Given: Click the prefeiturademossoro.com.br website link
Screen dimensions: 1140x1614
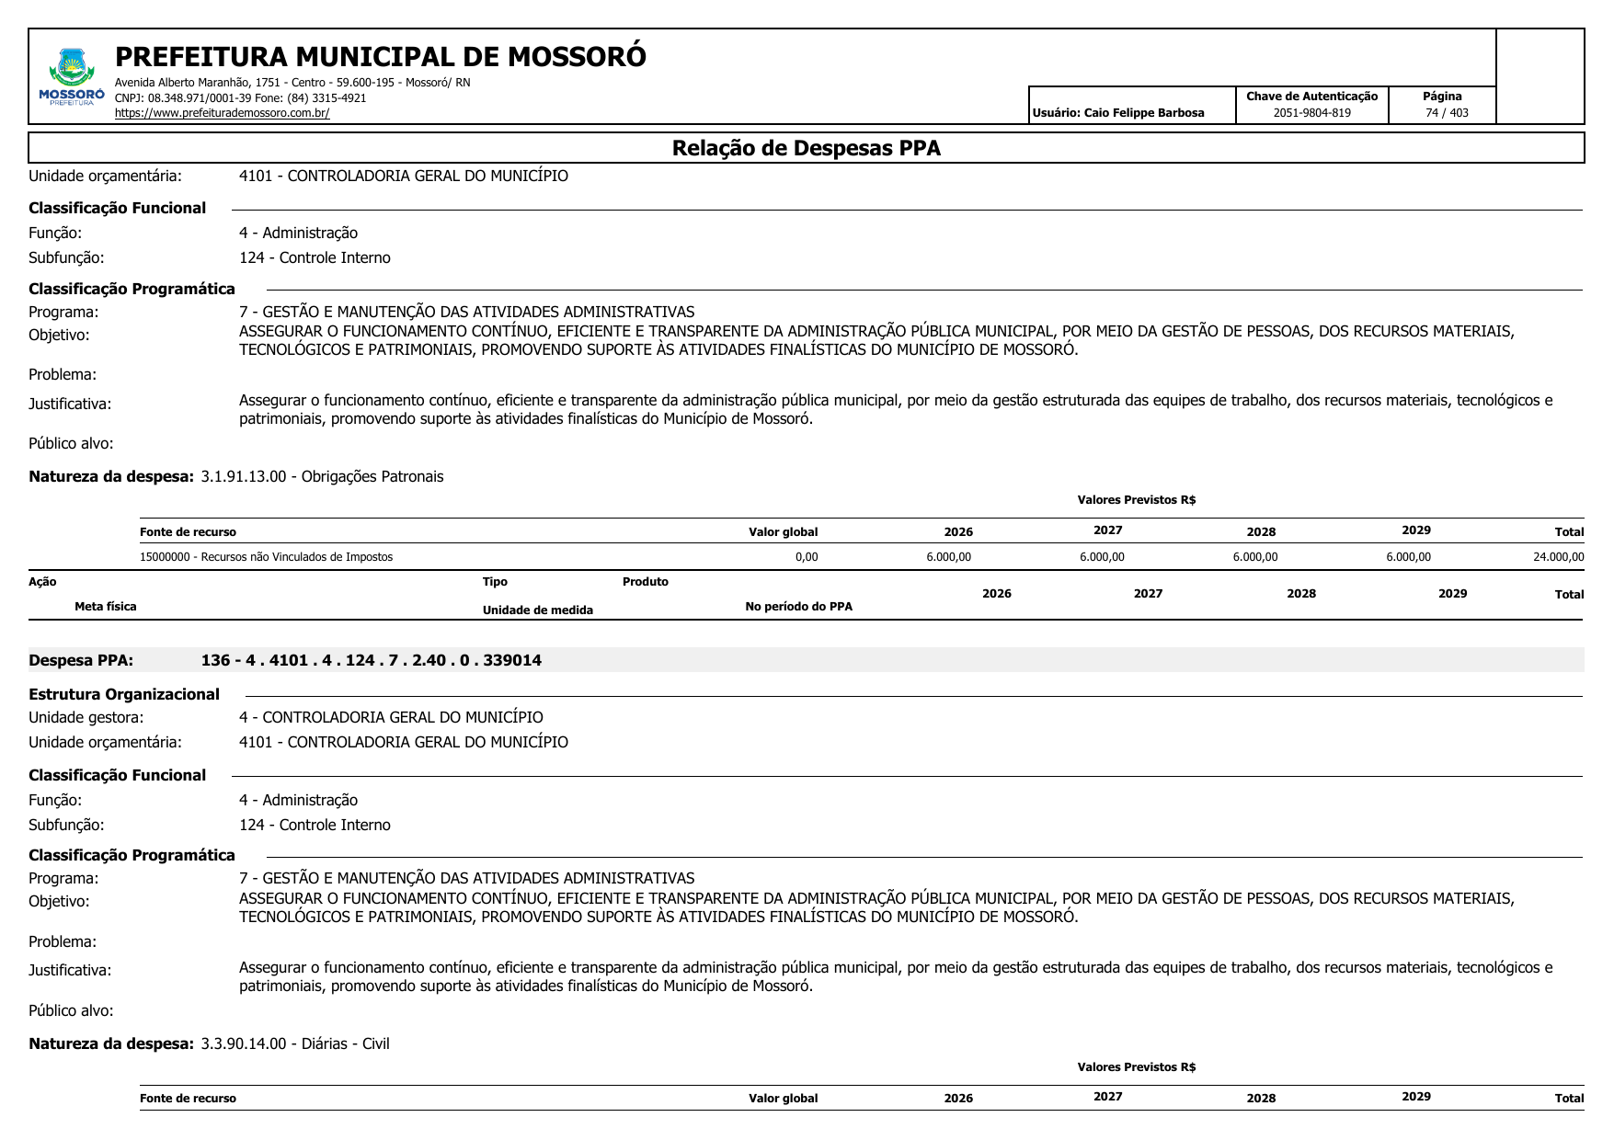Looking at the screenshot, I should tap(222, 113).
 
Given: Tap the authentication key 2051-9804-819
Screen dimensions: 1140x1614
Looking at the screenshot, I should tap(1311, 113).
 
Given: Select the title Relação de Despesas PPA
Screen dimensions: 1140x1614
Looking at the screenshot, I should tap(806, 148).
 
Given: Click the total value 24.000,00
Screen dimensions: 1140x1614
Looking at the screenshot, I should tap(1558, 557).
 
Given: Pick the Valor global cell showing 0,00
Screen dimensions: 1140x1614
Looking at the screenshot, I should tap(806, 557).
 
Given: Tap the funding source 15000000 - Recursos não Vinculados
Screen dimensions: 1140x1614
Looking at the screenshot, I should tap(266, 557).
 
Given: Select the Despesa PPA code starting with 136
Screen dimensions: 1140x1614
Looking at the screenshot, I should tap(371, 660).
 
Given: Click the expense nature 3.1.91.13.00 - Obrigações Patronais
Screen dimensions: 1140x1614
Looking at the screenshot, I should tap(322, 476).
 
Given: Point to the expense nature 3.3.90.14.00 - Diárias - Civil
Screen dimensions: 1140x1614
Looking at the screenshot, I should tap(295, 1043).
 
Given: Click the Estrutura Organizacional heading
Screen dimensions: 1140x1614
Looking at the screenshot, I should tap(124, 694).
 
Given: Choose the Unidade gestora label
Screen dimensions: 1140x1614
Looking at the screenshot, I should tap(86, 717).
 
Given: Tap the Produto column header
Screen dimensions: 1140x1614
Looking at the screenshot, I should tap(645, 582).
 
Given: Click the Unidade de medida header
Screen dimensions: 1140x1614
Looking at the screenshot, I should tap(537, 610).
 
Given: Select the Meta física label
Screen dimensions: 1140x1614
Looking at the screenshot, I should tap(106, 607).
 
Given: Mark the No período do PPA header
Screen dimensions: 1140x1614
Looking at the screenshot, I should tap(798, 607).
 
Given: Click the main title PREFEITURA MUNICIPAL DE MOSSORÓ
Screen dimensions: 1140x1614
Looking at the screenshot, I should tap(380, 57).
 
